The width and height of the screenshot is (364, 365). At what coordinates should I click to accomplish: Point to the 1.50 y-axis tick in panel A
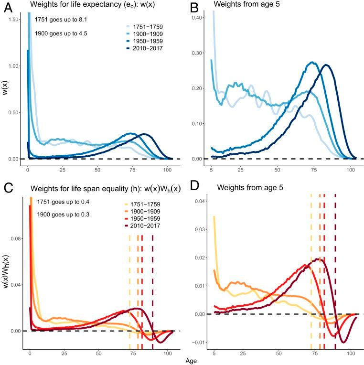(x=14, y=19)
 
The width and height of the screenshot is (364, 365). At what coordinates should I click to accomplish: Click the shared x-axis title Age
(x=191, y=361)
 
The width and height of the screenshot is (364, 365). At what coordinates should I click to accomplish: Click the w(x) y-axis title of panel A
(x=5, y=89)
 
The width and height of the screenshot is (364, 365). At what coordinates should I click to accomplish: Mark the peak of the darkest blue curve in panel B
(x=326, y=64)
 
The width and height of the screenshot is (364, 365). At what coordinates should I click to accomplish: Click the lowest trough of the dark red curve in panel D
(x=342, y=342)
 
